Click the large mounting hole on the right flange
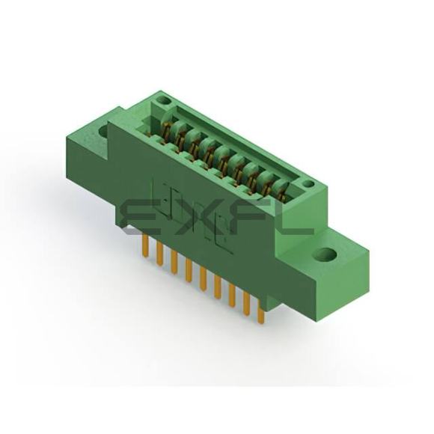(x=326, y=254)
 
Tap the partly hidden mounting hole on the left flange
(x=103, y=131)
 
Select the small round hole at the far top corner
(x=163, y=100)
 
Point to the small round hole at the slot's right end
(x=308, y=183)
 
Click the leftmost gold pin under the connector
(x=146, y=245)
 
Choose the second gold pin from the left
(x=159, y=254)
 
